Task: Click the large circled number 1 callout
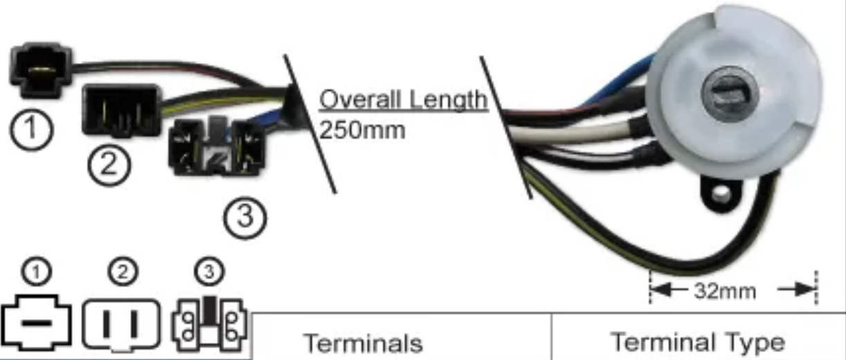click(31, 129)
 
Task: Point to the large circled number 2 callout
click(109, 165)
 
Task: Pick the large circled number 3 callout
click(245, 218)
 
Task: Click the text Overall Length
click(404, 100)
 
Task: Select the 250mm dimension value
click(362, 130)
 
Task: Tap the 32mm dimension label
click(725, 291)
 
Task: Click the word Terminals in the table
click(363, 343)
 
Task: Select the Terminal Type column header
click(698, 343)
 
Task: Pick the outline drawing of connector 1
click(36, 323)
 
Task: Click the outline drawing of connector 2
click(121, 325)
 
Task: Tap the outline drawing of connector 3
click(210, 324)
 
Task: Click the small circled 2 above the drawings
click(123, 271)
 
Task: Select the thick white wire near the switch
click(574, 132)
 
